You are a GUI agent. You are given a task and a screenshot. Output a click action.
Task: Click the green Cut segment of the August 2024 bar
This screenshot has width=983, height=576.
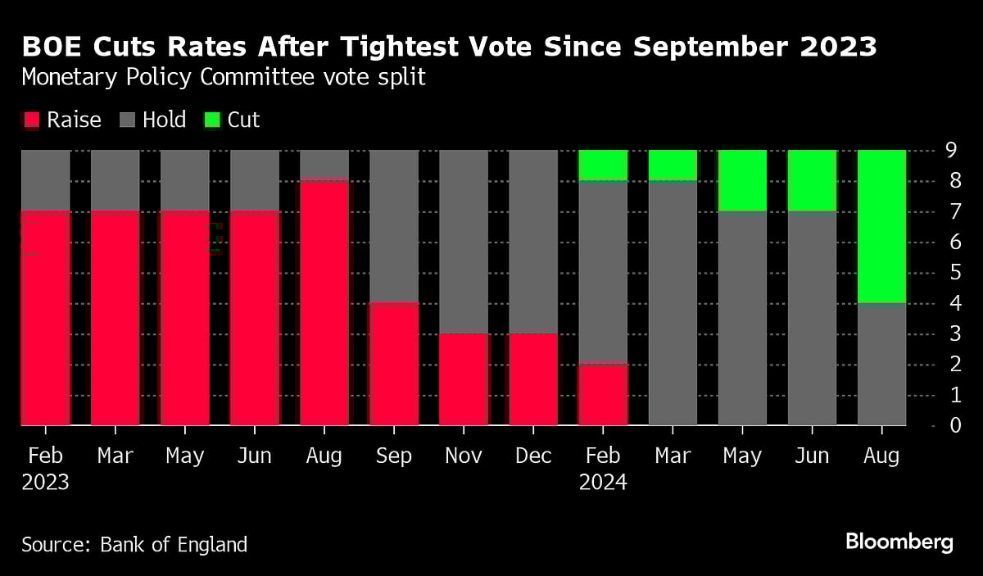coord(881,226)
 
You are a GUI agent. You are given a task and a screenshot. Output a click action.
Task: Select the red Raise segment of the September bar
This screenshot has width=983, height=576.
coord(394,364)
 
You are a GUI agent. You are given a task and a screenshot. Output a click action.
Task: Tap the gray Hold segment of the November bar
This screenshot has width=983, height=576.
coord(464,242)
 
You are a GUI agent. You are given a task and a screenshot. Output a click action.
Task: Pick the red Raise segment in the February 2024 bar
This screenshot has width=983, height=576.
coord(603,394)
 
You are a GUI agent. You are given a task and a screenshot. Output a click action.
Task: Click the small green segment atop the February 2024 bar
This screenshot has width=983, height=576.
coord(603,165)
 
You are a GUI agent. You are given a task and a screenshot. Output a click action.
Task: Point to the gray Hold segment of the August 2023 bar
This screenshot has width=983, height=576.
coord(324,164)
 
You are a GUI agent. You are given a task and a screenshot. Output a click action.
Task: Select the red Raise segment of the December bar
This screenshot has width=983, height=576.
coord(533,379)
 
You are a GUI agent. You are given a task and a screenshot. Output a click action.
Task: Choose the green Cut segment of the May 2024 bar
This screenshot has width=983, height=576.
coord(742,180)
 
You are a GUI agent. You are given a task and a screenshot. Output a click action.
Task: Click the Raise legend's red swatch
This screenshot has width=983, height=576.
coord(30,120)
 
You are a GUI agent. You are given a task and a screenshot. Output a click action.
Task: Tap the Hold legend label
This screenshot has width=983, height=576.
coord(164,120)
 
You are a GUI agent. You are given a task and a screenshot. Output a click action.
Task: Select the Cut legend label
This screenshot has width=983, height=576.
coord(243,120)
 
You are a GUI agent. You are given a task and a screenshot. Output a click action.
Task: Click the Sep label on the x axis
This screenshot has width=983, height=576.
coord(394,456)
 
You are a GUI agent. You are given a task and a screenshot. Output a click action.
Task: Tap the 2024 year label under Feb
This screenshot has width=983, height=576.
coord(603,483)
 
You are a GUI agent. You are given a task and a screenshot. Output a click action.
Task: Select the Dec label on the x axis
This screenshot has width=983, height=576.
coord(533,456)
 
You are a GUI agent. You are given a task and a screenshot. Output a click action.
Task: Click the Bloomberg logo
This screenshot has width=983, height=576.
coord(899,542)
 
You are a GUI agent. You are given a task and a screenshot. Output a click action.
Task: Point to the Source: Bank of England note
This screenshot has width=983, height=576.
coord(134,544)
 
